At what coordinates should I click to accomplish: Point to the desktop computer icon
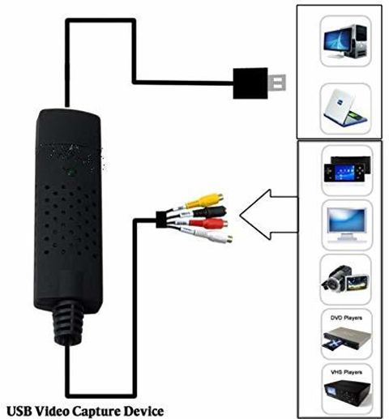click(346, 41)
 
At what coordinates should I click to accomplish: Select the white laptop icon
click(345, 109)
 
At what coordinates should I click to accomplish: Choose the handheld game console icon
click(348, 169)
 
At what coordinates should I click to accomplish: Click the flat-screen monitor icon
click(347, 224)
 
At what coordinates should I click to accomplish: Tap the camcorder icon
click(345, 279)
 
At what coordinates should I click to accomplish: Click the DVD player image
click(346, 339)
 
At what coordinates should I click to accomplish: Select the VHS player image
click(348, 392)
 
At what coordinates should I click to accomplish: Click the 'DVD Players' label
click(346, 318)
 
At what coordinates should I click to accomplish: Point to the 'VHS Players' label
click(346, 372)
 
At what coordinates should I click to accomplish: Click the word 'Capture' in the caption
click(96, 412)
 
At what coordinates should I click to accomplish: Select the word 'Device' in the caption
click(143, 411)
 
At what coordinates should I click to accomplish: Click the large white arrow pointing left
click(269, 215)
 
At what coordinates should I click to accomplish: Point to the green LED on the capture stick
click(71, 172)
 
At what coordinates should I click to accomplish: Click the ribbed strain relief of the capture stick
click(67, 324)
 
